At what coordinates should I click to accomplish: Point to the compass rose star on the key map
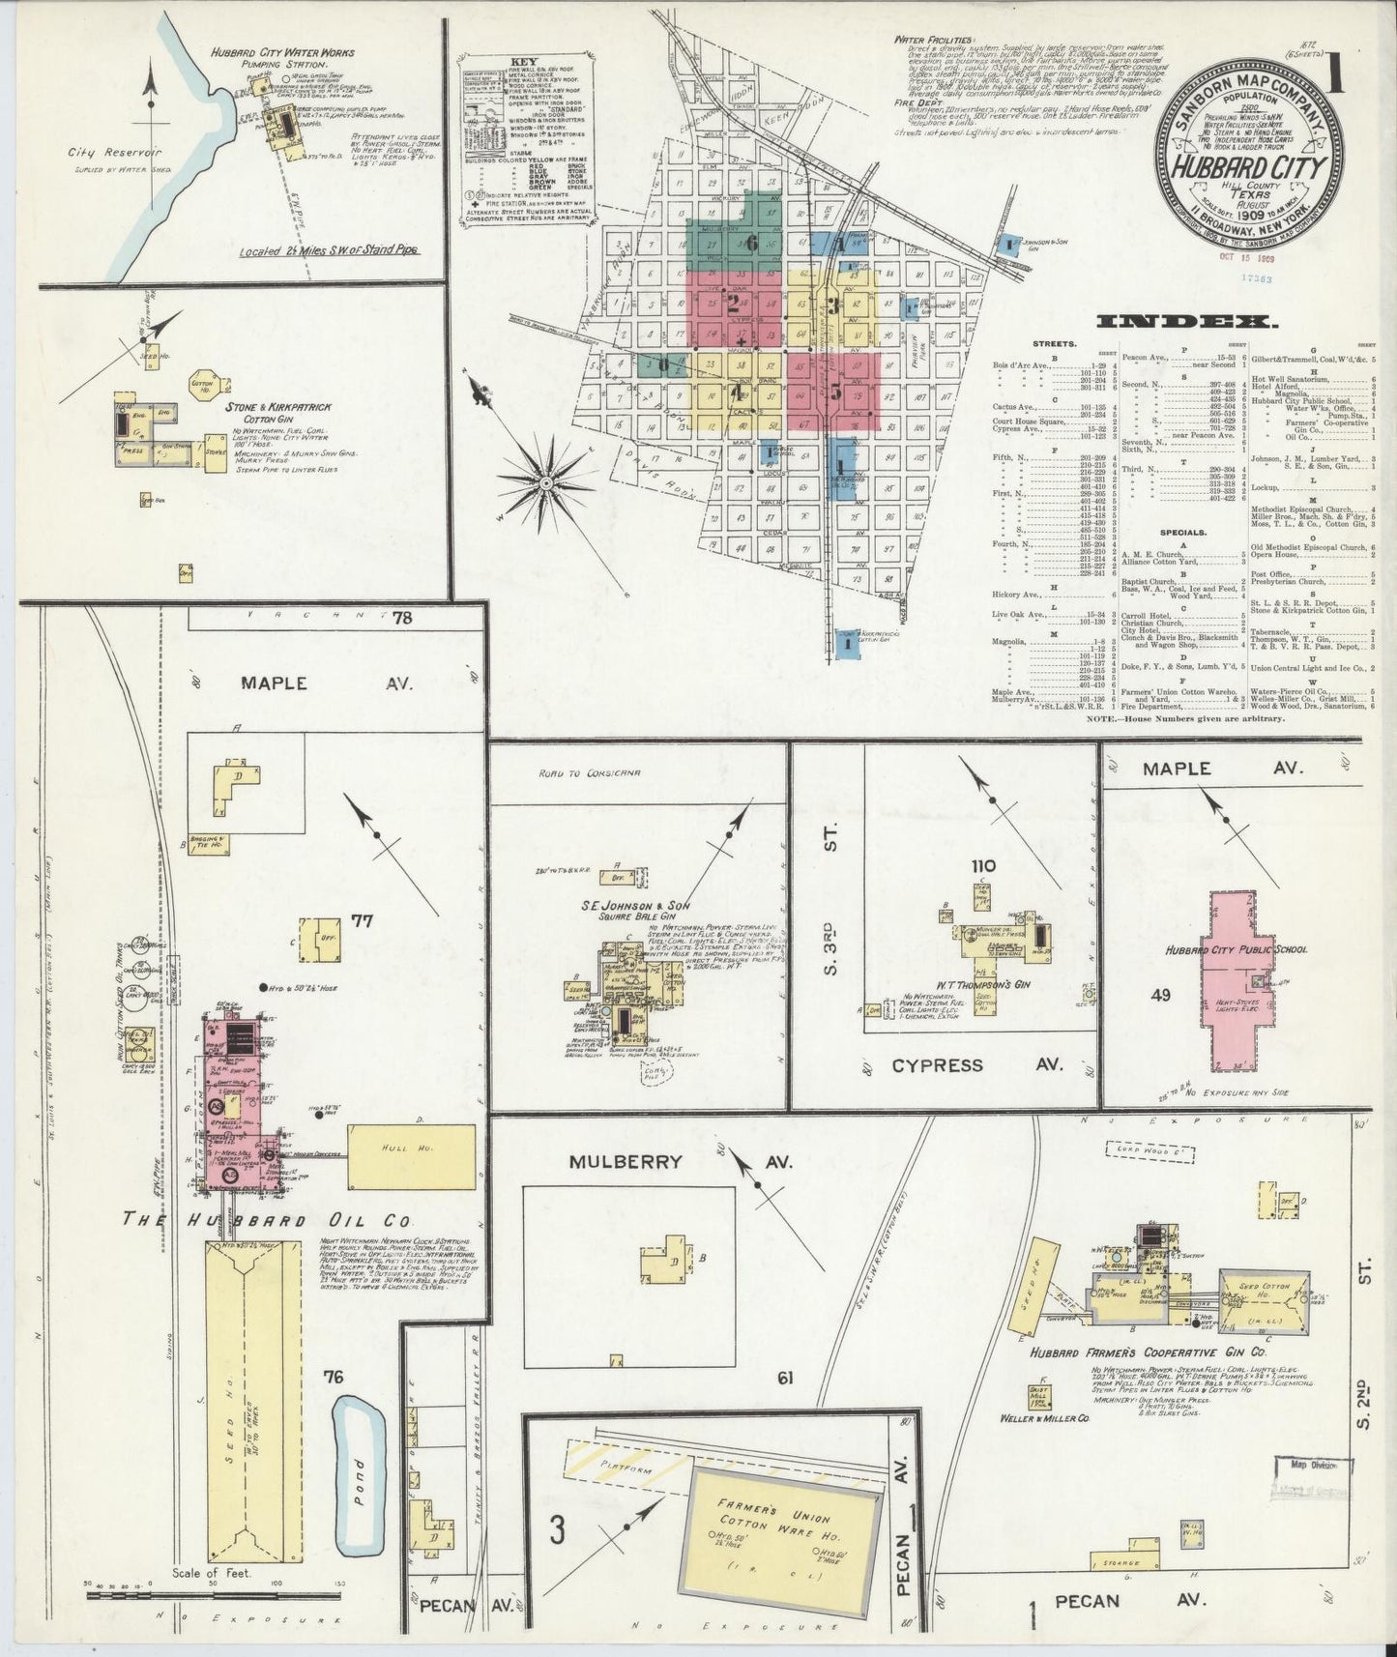click(546, 480)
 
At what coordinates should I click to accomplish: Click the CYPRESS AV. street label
click(977, 1064)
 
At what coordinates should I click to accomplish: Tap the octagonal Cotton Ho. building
click(203, 381)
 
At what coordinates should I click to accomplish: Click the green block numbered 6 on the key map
click(751, 244)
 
